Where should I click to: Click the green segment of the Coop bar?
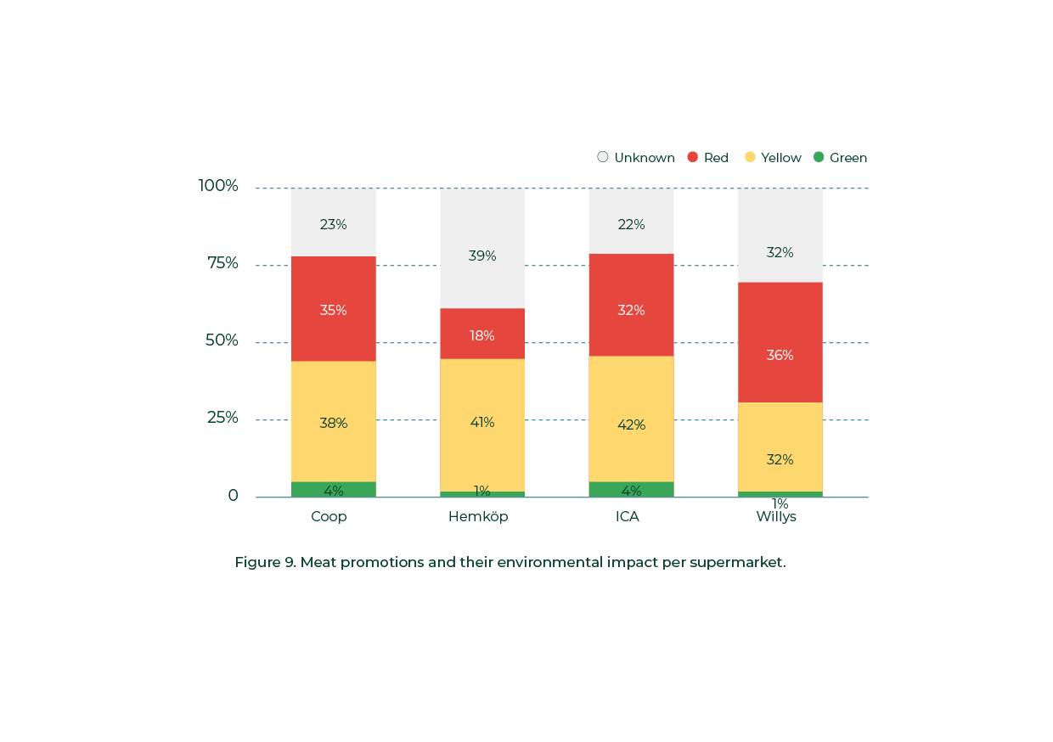pyautogui.click(x=334, y=489)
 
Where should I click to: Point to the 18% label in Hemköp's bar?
pyautogui.click(x=482, y=335)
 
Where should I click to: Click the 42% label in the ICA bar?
pyautogui.click(x=631, y=424)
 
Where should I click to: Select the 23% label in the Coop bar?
pyautogui.click(x=333, y=224)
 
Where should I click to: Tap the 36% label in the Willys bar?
pyautogui.click(x=780, y=355)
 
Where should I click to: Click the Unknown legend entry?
pyautogui.click(x=636, y=157)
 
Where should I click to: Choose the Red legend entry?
pyautogui.click(x=707, y=157)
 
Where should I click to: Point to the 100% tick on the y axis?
pyautogui.click(x=218, y=186)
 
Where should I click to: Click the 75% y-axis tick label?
pyautogui.click(x=222, y=263)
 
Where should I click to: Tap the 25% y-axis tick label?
pyautogui.click(x=222, y=418)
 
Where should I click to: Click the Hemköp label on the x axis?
pyautogui.click(x=478, y=516)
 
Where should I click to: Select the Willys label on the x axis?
pyautogui.click(x=776, y=516)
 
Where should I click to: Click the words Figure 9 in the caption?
pyautogui.click(x=265, y=562)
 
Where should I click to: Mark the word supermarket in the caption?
pyautogui.click(x=737, y=562)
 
